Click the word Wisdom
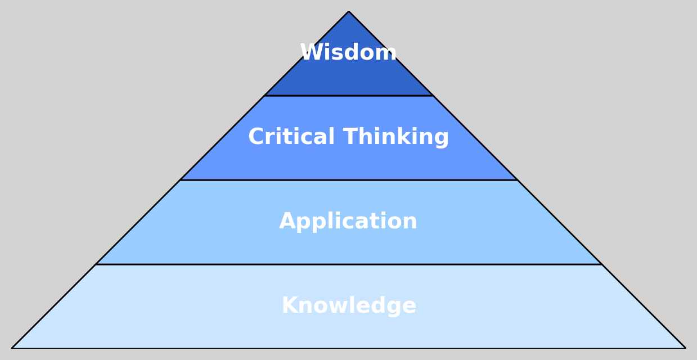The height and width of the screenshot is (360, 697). [348, 53]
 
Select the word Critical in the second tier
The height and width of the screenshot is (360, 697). [291, 137]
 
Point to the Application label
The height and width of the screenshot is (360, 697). [348, 222]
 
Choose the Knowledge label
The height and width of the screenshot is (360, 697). [349, 306]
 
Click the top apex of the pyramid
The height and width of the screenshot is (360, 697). [349, 12]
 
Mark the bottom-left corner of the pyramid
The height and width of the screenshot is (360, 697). [12, 348]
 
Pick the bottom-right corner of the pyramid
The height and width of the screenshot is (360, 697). [685, 348]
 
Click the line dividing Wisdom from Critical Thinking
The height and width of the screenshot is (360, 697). [349, 96]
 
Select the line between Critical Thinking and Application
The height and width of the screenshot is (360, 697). [349, 180]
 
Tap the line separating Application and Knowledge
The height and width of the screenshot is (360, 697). [349, 264]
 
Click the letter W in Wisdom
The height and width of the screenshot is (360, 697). [311, 53]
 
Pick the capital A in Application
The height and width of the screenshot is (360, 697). [287, 222]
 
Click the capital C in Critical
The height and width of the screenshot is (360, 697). [257, 137]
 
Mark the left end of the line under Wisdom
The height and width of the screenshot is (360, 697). [265, 96]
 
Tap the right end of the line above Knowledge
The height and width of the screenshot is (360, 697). [601, 264]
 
